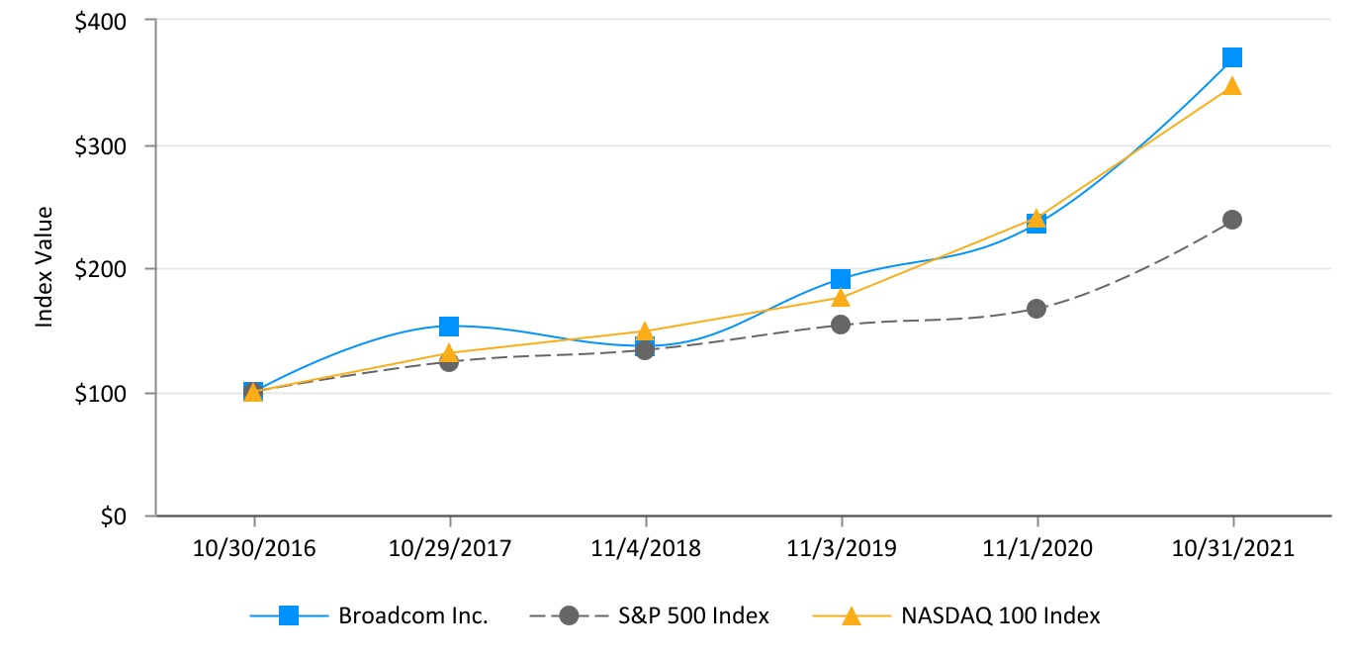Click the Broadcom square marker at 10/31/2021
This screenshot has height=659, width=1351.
coord(1232,57)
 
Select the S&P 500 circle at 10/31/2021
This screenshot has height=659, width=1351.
coord(1232,219)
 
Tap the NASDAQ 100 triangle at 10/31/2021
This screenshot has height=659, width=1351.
coord(1232,85)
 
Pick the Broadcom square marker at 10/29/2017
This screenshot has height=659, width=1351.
coord(449,327)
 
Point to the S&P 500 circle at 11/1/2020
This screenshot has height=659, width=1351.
coord(1036,309)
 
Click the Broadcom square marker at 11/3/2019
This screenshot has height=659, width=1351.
coord(841,279)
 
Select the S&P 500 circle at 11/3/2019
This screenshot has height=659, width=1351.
coord(841,324)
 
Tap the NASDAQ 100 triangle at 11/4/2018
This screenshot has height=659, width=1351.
coord(645,331)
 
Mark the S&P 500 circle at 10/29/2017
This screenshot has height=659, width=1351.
coord(449,362)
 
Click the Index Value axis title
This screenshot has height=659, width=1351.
coord(44,267)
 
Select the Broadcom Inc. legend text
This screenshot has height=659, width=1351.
coord(413,615)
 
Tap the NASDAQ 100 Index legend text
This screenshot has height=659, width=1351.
coord(1001,615)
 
